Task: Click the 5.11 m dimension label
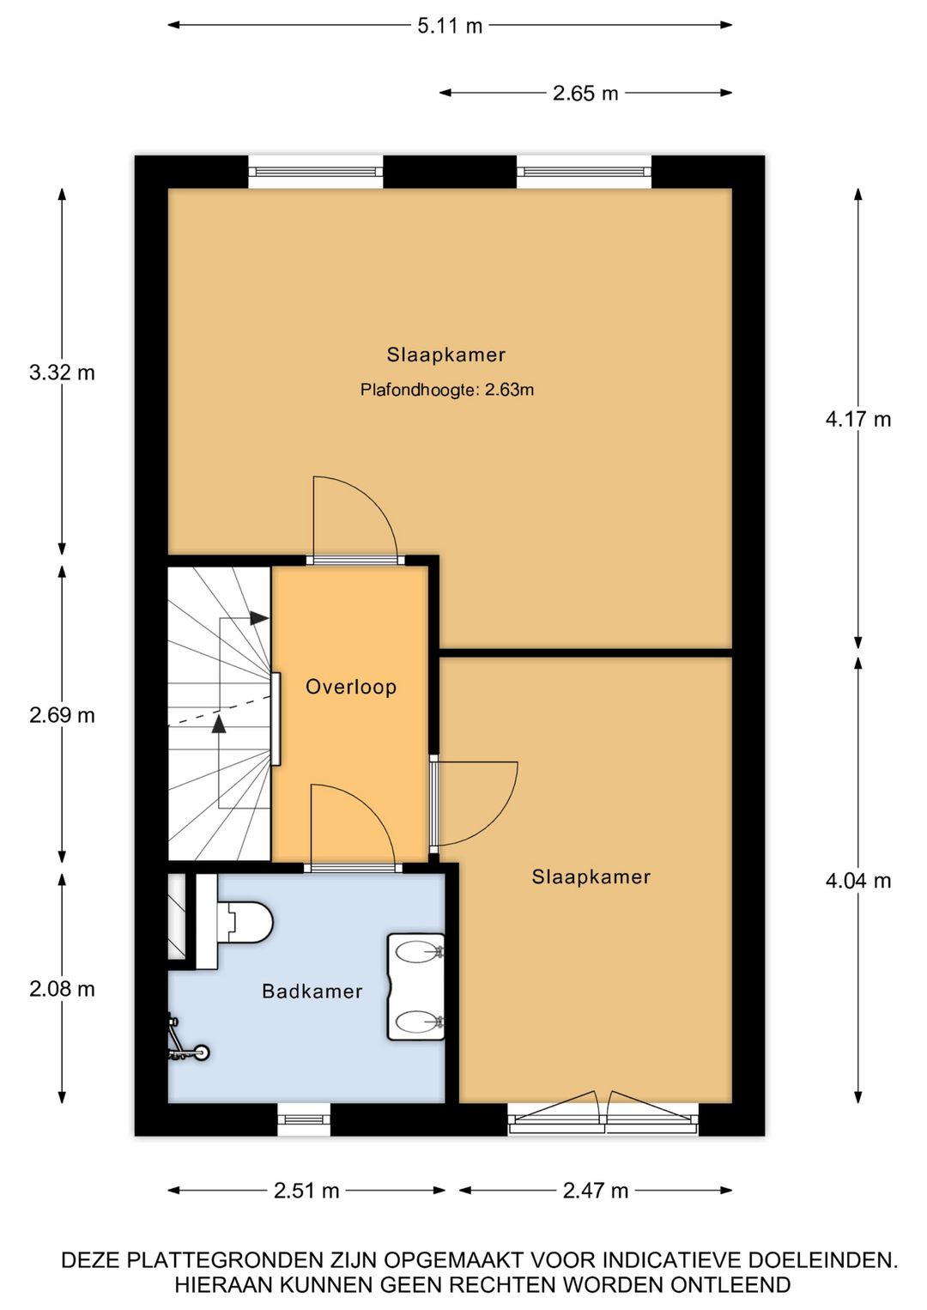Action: (x=450, y=26)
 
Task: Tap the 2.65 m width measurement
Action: (x=585, y=93)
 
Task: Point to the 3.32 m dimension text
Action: (x=62, y=372)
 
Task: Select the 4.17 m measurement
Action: (x=858, y=419)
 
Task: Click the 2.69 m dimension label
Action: (x=62, y=714)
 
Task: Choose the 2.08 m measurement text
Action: (x=62, y=988)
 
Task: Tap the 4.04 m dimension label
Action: (x=858, y=880)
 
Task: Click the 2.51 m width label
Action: (x=306, y=1190)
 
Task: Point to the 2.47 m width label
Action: (x=596, y=1190)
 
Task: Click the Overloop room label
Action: (x=351, y=687)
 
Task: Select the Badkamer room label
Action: (x=312, y=991)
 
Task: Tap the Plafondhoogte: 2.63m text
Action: (x=447, y=390)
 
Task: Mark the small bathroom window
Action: (x=304, y=1120)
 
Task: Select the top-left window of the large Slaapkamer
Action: (x=316, y=172)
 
